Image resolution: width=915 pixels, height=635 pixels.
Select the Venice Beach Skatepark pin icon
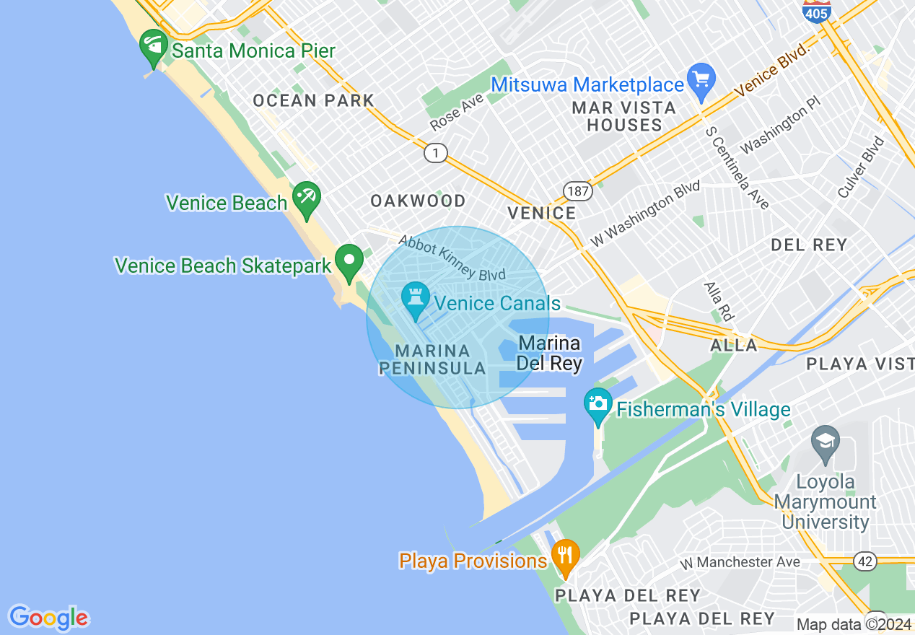pyautogui.click(x=350, y=261)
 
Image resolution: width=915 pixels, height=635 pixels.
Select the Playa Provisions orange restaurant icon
pyautogui.click(x=565, y=556)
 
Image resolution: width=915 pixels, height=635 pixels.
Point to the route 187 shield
pyautogui.click(x=579, y=191)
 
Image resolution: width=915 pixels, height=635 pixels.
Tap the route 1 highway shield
pyautogui.click(x=435, y=153)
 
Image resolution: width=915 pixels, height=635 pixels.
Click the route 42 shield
pyautogui.click(x=865, y=561)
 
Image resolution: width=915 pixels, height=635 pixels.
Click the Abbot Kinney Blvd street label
pyautogui.click(x=452, y=258)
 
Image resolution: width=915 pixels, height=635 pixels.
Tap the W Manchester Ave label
pyautogui.click(x=740, y=562)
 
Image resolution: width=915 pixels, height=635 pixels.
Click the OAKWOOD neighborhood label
pyautogui.click(x=418, y=201)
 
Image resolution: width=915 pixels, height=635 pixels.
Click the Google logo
pyautogui.click(x=48, y=618)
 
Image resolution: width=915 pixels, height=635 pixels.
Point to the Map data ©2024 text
pyautogui.click(x=854, y=624)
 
